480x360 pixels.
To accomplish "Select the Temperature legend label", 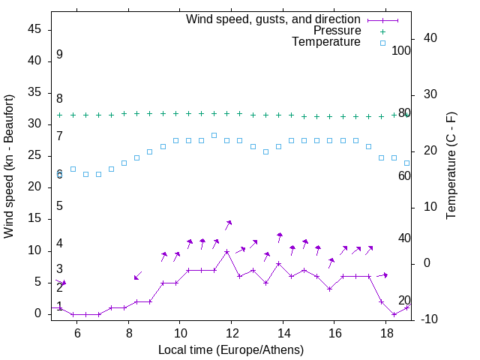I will pos(326,42).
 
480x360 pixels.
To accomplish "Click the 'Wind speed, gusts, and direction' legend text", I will pos(274,19).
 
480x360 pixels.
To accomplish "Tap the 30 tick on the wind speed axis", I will pos(34,124).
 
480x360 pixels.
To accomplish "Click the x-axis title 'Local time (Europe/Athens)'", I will pos(231,349).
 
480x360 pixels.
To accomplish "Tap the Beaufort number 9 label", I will pos(59,55).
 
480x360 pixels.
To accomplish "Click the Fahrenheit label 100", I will pos(401,50).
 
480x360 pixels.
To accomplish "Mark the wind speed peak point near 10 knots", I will pos(226,251).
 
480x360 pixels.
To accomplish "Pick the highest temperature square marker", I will pos(214,135).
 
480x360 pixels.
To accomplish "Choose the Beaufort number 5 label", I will pos(59,206).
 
